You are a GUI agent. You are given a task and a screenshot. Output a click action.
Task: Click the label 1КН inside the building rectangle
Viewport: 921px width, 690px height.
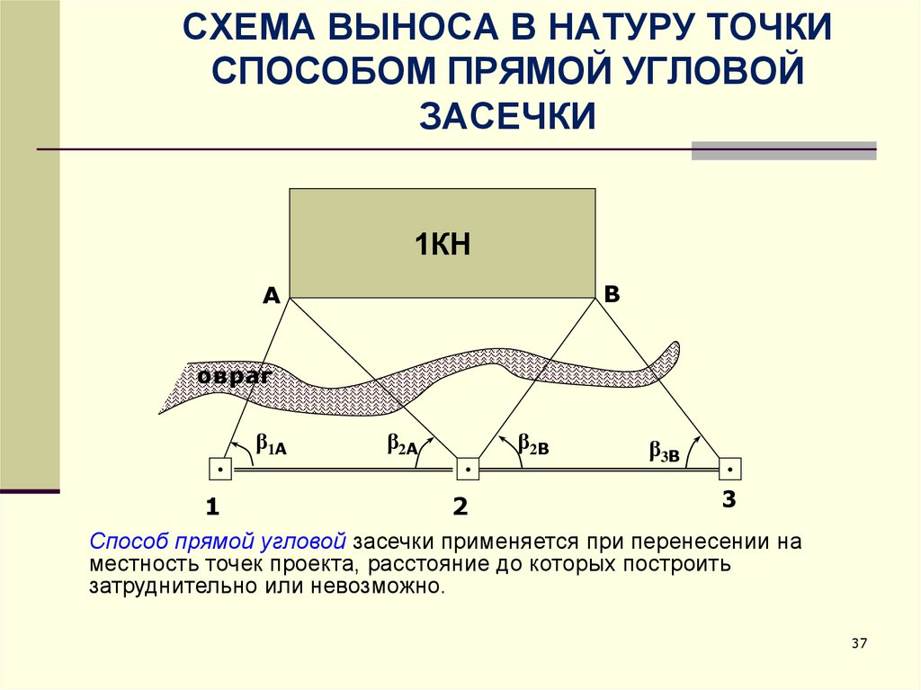click(x=443, y=244)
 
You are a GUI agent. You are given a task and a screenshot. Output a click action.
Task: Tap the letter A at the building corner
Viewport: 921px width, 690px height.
click(x=271, y=295)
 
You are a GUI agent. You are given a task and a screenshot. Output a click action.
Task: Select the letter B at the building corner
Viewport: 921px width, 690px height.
click(x=612, y=293)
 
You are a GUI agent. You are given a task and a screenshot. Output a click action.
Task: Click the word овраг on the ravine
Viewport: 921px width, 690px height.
click(x=236, y=376)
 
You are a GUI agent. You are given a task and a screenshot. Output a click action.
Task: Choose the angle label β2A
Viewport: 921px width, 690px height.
click(x=402, y=444)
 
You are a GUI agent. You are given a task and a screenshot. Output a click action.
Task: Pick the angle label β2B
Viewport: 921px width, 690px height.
click(x=532, y=444)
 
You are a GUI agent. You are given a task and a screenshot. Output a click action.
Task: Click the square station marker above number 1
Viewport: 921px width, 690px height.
click(x=220, y=469)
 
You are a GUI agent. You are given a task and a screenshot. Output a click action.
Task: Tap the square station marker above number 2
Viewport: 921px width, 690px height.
click(x=467, y=469)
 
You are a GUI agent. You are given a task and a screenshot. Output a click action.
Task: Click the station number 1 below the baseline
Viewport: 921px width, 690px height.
click(x=212, y=507)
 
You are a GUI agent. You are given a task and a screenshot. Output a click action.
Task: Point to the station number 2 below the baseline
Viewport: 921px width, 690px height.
click(x=460, y=507)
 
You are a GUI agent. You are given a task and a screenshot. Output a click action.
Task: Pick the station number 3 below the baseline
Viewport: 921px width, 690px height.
click(x=729, y=499)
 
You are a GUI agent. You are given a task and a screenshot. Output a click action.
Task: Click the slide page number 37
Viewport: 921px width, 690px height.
click(x=858, y=643)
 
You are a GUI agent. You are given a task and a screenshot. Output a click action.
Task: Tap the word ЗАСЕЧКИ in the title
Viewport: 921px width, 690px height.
click(x=508, y=115)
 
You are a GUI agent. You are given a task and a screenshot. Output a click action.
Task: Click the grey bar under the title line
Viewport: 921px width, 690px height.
click(x=782, y=153)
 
